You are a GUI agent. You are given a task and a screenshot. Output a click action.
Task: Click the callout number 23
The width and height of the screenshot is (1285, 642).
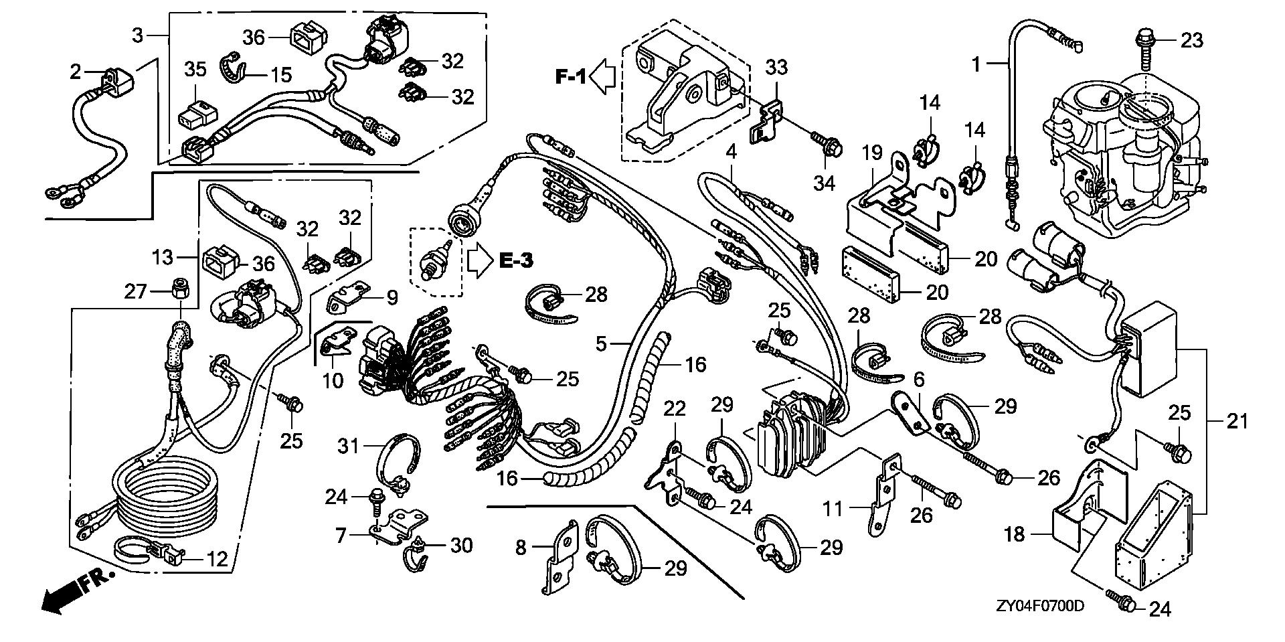point(1191,40)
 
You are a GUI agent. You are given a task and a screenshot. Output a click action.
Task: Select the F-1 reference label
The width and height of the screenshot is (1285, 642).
point(570,77)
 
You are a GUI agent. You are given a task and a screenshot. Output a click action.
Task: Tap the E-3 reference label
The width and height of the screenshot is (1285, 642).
point(515,260)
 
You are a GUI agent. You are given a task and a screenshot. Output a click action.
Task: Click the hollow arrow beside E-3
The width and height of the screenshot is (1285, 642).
point(479,260)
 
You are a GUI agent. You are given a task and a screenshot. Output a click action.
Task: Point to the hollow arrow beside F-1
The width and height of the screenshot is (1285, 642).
point(605,77)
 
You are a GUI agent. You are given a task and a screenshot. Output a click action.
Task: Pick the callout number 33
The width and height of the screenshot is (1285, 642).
point(776,67)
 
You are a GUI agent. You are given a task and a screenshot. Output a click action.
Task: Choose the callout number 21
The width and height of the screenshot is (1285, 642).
point(1237,421)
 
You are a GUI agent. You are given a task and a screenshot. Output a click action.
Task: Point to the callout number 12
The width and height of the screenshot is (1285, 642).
point(218,558)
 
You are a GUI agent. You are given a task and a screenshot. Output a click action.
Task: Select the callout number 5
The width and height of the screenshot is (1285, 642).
point(602,344)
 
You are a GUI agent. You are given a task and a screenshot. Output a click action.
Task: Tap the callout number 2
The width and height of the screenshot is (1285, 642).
point(76,71)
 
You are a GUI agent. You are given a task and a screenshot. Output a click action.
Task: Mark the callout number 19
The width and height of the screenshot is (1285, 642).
point(872,153)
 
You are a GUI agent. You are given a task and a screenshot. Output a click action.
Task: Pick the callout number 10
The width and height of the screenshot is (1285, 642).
point(333,380)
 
